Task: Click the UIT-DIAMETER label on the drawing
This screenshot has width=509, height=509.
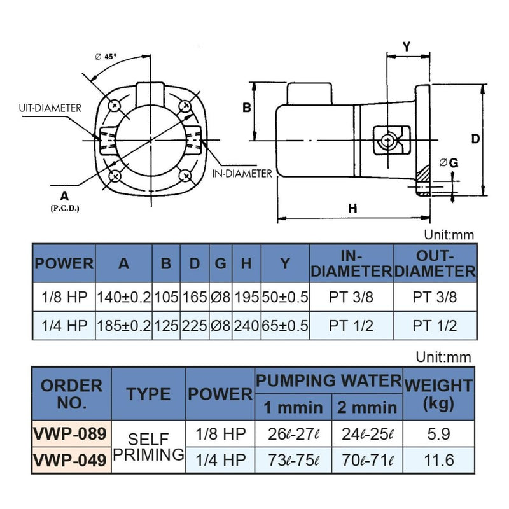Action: point(50,108)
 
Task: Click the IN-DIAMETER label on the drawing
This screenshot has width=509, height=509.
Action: point(242,173)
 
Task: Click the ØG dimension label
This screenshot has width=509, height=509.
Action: point(449,163)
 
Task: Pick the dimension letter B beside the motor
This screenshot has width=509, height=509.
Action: point(247,108)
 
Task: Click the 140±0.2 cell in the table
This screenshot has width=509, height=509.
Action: point(123,296)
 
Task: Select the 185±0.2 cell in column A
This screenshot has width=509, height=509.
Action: point(123,326)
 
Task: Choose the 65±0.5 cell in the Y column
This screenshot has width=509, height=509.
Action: point(284,326)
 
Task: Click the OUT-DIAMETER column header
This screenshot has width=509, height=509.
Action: point(435,263)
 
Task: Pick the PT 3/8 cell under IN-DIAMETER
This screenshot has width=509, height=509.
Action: point(351,296)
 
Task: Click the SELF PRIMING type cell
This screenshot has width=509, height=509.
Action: point(148,447)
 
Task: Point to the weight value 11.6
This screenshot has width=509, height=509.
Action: point(438,460)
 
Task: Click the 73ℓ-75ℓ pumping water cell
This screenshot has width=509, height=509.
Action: point(293,460)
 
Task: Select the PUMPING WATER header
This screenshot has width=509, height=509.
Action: point(328,380)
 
